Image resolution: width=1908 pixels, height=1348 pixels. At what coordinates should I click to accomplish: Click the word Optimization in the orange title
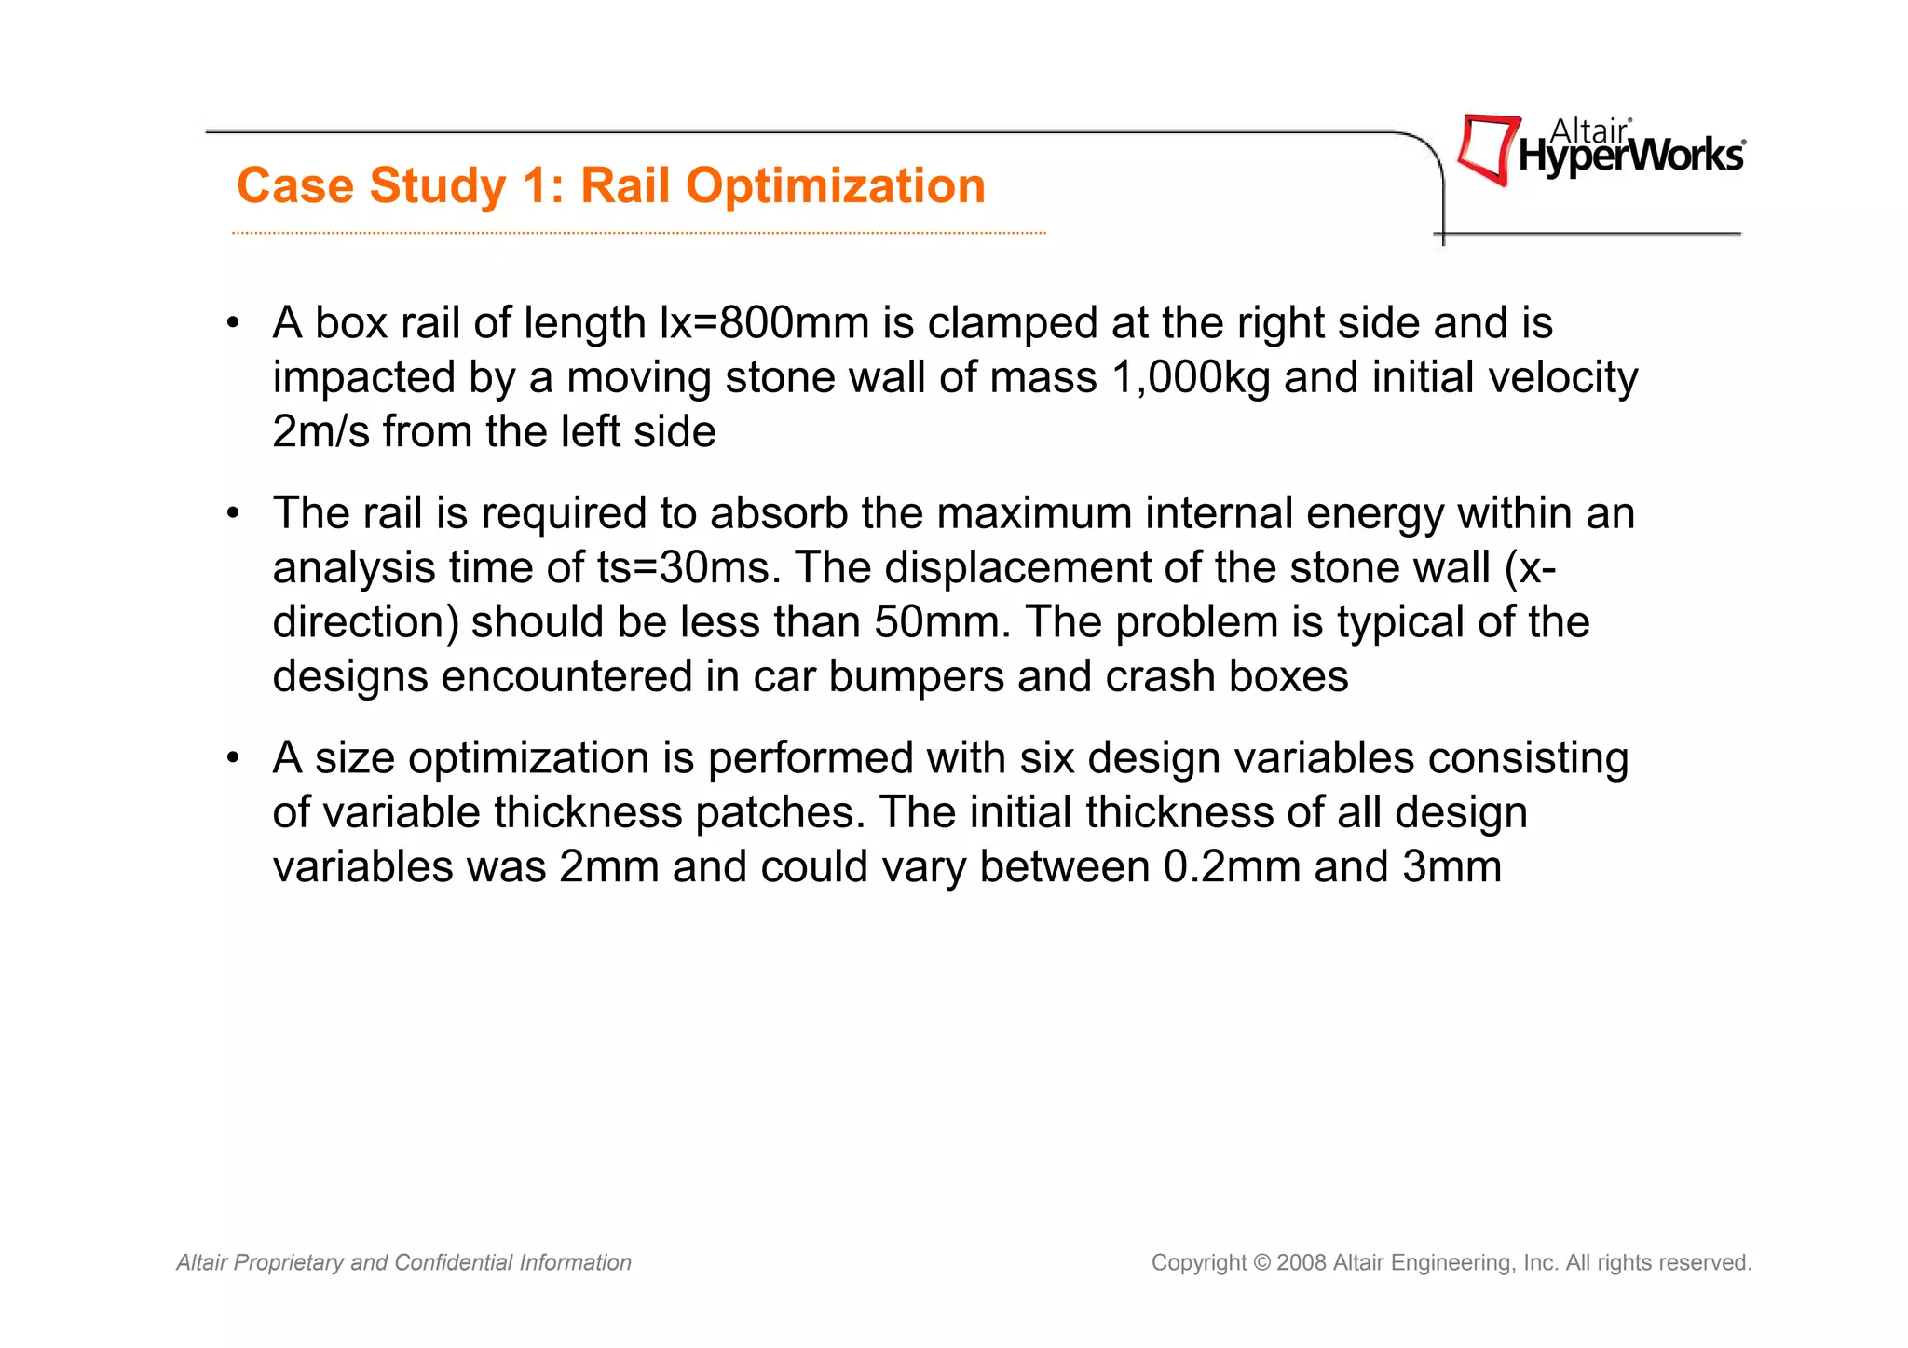[x=836, y=186]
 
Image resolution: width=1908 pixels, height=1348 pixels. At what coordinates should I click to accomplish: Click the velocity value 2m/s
[x=320, y=431]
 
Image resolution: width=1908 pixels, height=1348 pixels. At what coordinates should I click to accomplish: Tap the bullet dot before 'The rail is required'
[x=234, y=513]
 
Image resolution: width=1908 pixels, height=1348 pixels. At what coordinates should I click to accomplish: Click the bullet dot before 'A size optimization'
[x=234, y=757]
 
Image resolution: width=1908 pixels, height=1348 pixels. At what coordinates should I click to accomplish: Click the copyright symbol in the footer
[x=1261, y=1262]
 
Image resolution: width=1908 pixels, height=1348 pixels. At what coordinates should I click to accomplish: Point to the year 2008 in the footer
[x=1302, y=1262]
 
